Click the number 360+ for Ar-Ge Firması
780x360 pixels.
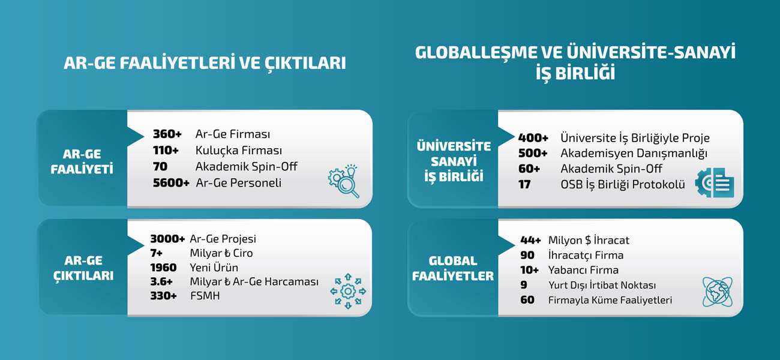[x=167, y=134]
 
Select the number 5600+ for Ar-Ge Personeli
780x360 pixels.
[x=171, y=183]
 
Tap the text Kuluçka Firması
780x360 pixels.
[x=239, y=151]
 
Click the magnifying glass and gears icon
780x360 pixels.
[x=344, y=181]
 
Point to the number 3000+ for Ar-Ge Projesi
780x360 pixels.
[x=167, y=239]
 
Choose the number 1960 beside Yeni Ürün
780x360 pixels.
[x=163, y=268]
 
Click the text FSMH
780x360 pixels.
[x=205, y=296]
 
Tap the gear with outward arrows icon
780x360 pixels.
[x=348, y=291]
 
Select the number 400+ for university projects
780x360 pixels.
[x=533, y=138]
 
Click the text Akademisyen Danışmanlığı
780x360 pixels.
[x=634, y=153]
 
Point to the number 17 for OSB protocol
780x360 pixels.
[x=524, y=184]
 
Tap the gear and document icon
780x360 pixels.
[x=715, y=182]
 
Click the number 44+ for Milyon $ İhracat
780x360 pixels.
[x=530, y=240]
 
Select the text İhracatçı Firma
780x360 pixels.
[x=586, y=255]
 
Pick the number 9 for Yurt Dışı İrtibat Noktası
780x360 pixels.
[x=524, y=285]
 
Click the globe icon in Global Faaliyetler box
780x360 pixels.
[x=718, y=292]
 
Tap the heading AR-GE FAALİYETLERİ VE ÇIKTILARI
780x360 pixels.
[x=205, y=63]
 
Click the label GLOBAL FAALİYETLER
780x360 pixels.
[x=452, y=268]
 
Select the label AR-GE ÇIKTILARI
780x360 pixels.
[x=83, y=268]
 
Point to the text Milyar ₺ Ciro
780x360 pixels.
[x=221, y=253]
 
